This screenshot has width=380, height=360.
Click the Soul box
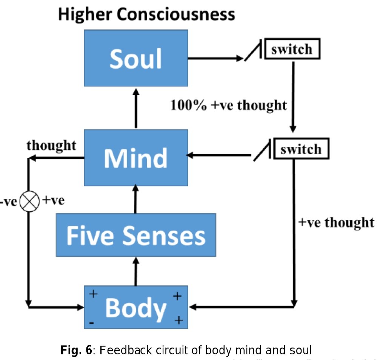(136, 58)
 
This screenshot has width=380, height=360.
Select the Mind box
(136, 158)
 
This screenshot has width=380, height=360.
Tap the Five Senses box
(136, 235)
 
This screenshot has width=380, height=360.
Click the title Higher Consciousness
(146, 15)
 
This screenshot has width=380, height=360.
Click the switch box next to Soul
(292, 49)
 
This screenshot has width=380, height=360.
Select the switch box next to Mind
(301, 149)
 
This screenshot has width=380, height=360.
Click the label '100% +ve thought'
(228, 105)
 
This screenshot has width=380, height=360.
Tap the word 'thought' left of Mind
(51, 145)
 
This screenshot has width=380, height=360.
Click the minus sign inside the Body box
(92, 323)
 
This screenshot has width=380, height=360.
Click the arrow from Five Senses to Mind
(136, 199)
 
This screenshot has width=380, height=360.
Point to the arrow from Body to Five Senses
(136, 271)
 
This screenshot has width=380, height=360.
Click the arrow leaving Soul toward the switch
(215, 58)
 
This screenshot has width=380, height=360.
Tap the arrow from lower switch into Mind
(219, 155)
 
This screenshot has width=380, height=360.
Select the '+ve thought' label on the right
(336, 222)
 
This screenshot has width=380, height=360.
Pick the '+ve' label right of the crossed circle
(53, 200)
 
